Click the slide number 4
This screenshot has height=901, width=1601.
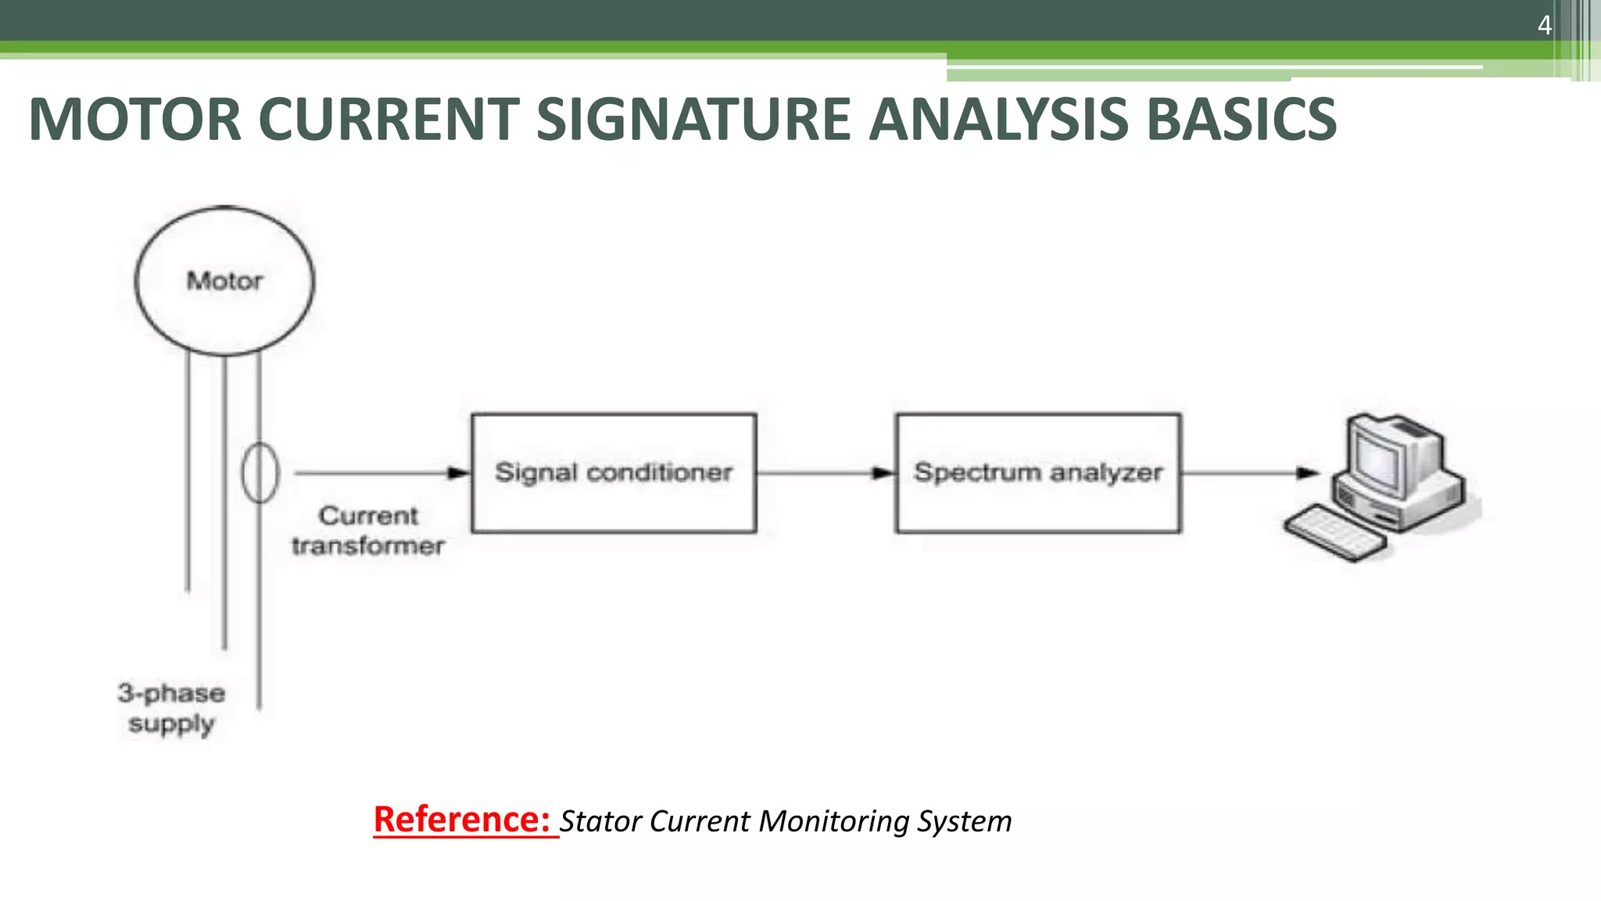(x=1544, y=26)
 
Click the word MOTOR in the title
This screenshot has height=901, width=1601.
(x=134, y=120)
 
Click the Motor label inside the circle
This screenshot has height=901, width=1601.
(x=224, y=281)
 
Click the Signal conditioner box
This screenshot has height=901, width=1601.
(x=614, y=472)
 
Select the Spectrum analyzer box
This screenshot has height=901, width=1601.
(x=1037, y=472)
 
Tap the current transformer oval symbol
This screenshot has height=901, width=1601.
(x=260, y=472)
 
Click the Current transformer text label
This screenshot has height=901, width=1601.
(x=367, y=530)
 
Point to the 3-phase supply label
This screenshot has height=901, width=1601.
(x=171, y=708)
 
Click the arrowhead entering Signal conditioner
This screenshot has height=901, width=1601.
(x=458, y=473)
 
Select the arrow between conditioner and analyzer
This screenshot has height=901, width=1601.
(x=825, y=473)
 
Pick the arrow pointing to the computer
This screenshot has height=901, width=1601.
(x=1251, y=473)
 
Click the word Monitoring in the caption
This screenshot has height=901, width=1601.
(x=834, y=821)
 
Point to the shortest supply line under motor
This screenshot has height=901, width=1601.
(x=188, y=469)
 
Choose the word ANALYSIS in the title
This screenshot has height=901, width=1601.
(x=998, y=120)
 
